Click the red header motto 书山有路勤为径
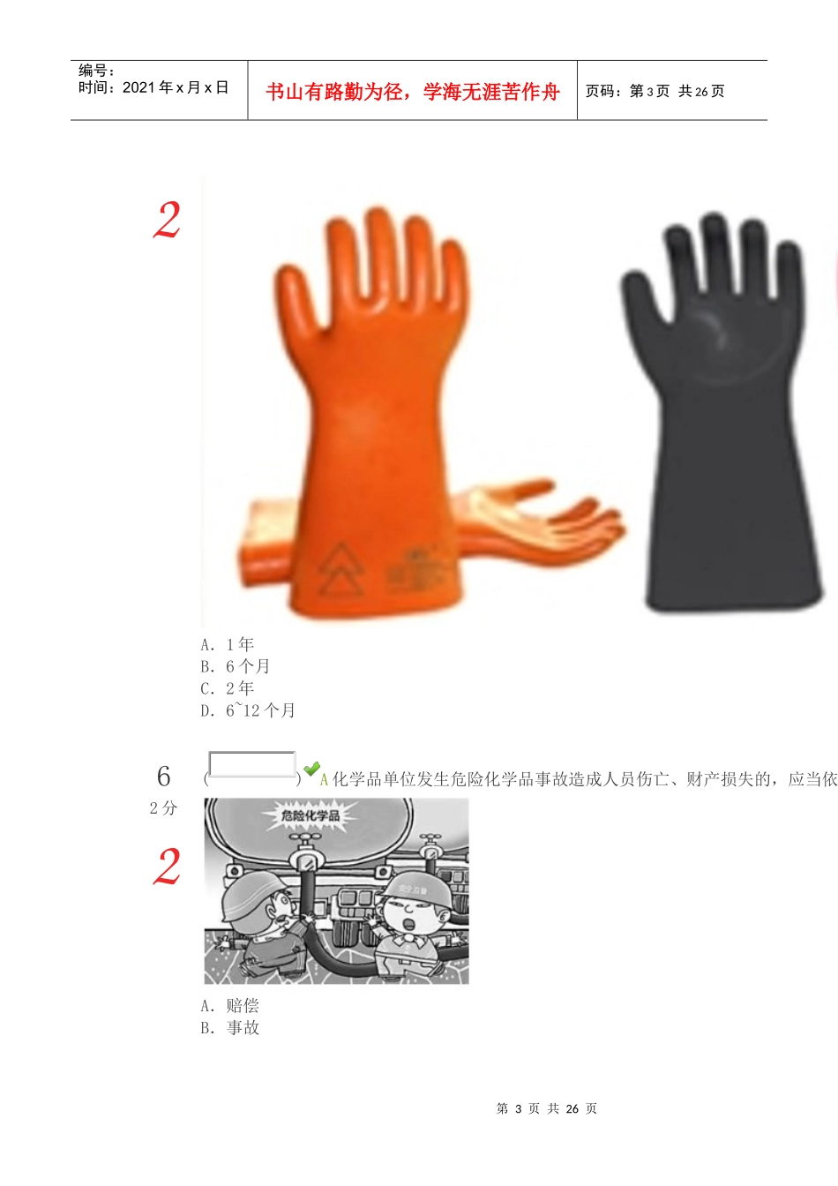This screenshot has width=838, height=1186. point(413,92)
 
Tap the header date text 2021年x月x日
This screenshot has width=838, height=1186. point(153,87)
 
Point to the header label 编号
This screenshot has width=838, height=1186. point(96,71)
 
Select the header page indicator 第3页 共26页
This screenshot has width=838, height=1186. point(655,91)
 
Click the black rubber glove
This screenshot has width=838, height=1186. point(723,415)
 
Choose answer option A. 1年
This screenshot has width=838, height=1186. point(228,644)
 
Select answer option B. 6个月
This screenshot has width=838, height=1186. point(236,666)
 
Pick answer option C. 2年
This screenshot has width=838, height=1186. point(228,688)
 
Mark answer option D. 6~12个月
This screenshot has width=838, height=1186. point(248,710)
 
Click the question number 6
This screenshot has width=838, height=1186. point(163,777)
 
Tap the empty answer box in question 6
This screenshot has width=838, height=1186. point(251,764)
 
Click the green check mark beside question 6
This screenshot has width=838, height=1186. point(311,769)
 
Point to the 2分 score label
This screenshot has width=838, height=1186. point(163,807)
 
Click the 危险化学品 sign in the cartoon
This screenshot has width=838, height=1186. point(311,814)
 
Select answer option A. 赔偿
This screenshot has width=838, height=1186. point(230,1005)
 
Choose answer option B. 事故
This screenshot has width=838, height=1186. point(230,1027)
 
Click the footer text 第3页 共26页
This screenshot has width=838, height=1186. point(547,1108)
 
